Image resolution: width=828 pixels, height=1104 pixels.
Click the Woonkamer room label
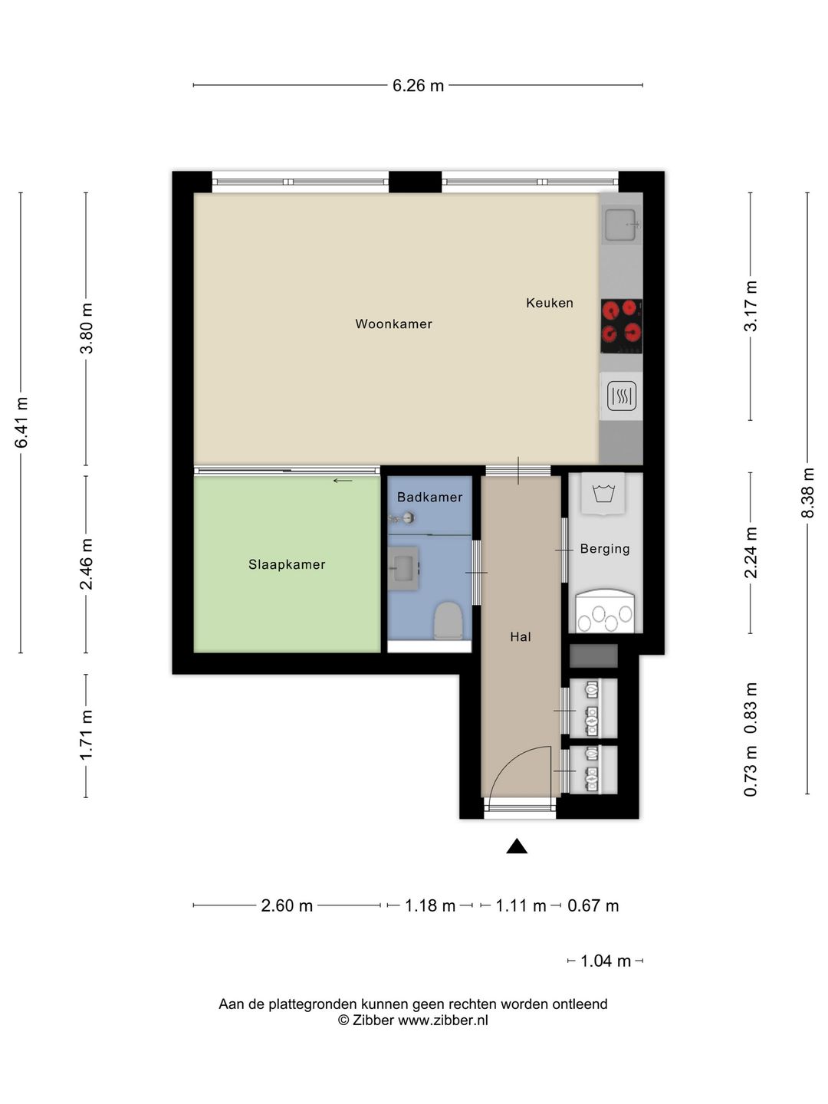click(393, 324)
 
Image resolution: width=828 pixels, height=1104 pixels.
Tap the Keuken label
click(550, 303)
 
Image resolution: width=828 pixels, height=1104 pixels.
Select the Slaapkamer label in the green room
click(287, 564)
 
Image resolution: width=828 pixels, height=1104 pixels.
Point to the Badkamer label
click(429, 497)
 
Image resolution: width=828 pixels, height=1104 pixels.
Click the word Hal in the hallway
click(521, 637)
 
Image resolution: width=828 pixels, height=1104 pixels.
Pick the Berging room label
click(605, 549)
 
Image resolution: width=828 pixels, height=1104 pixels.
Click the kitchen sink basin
click(621, 225)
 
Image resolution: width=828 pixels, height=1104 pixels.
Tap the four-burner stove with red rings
click(621, 326)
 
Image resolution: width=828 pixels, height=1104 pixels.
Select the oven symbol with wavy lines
click(621, 396)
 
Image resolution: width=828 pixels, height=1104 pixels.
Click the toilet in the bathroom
click(448, 621)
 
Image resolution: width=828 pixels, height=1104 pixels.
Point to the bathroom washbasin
click(403, 568)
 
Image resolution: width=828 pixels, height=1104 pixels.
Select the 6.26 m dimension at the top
click(418, 86)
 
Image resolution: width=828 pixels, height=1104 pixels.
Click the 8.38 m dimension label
click(807, 493)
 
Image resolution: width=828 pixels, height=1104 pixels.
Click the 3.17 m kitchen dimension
click(750, 306)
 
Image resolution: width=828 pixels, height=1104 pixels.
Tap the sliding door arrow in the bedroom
click(343, 481)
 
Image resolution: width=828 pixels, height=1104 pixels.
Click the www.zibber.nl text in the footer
click(443, 1020)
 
